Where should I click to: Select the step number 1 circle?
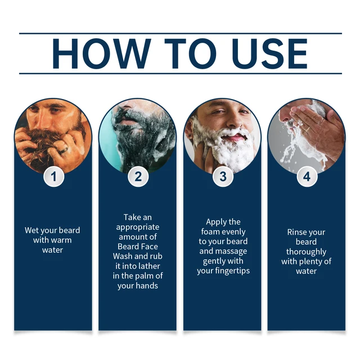pos(53,177)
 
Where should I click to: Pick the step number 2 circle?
pos(138,177)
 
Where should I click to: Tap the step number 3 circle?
pos(222,177)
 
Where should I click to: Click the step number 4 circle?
pos(306,177)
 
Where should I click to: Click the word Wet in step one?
pos(32,231)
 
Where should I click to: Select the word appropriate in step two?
pos(138,227)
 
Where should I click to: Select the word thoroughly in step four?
pos(306,252)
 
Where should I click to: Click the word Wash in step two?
pos(123,256)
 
